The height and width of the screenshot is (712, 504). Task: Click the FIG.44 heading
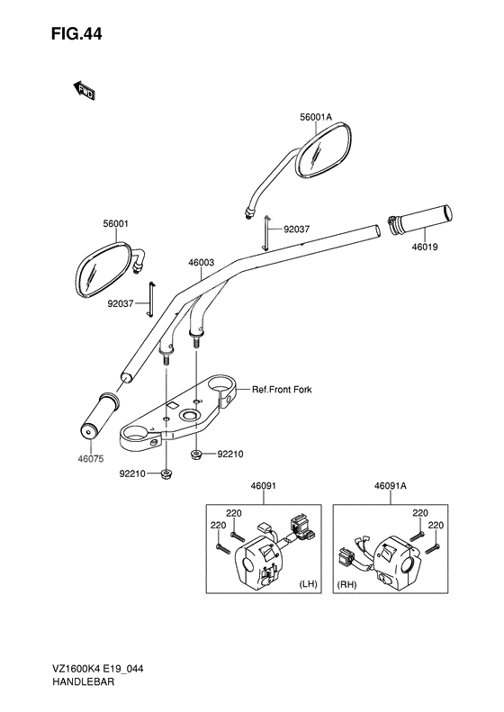tap(76, 34)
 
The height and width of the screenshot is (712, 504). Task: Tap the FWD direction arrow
tap(84, 91)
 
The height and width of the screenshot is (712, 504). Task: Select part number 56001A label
tap(316, 117)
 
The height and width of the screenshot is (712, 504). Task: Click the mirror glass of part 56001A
tap(323, 149)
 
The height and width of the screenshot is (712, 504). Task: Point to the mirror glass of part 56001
tap(103, 269)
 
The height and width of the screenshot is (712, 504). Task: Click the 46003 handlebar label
tap(201, 263)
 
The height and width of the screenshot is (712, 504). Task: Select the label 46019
tap(425, 247)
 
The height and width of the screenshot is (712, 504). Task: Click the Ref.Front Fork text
tap(282, 389)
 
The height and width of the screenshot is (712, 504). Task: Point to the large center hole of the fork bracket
tap(188, 415)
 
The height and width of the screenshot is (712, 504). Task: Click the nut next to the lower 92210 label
tap(166, 474)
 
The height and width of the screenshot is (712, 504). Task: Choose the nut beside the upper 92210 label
tap(196, 454)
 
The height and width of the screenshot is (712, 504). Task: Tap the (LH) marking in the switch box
tap(308, 584)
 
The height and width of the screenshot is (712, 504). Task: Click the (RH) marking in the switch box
tap(346, 584)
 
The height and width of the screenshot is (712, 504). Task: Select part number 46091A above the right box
tap(391, 486)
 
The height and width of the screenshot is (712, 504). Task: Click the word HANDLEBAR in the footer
tap(83, 681)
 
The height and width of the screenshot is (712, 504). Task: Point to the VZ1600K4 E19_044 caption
tap(96, 669)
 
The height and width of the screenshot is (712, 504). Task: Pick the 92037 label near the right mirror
tap(296, 230)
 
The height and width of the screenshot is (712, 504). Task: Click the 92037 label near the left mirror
tap(121, 303)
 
